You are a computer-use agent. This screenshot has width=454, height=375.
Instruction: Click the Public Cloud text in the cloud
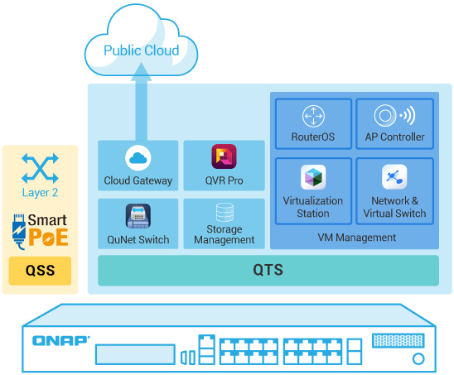[x=142, y=50]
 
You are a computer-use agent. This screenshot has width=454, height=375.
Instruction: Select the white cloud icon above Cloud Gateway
[x=138, y=158]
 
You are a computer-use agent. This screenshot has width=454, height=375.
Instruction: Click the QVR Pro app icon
[x=224, y=156]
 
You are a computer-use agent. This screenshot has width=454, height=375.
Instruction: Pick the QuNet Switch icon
[x=138, y=216]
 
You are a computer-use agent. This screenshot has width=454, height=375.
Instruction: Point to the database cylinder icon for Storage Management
[x=225, y=213]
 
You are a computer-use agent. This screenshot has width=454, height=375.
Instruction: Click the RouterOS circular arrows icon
[x=313, y=116]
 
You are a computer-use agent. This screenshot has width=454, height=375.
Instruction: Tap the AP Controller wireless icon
[x=394, y=115]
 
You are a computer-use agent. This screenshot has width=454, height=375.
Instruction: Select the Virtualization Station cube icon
[x=313, y=177]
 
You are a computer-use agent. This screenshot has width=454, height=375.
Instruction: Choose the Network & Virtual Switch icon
[x=394, y=176]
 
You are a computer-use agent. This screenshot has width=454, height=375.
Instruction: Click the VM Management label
[x=357, y=238]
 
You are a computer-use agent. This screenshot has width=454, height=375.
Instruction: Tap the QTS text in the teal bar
[x=268, y=270]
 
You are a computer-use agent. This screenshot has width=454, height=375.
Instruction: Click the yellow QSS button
[x=40, y=271]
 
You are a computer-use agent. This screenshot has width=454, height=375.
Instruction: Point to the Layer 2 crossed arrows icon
[x=40, y=168]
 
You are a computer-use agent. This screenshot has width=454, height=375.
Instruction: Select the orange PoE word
[x=48, y=238]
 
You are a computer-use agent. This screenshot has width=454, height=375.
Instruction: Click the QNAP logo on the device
[x=61, y=341]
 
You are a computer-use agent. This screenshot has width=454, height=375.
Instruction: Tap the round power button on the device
[x=418, y=358]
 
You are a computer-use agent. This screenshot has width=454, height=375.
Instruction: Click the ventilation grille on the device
[x=398, y=340]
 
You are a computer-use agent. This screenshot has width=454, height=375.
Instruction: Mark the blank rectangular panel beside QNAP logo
[x=135, y=354]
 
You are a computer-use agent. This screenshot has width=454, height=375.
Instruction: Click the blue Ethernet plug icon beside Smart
[x=19, y=232]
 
